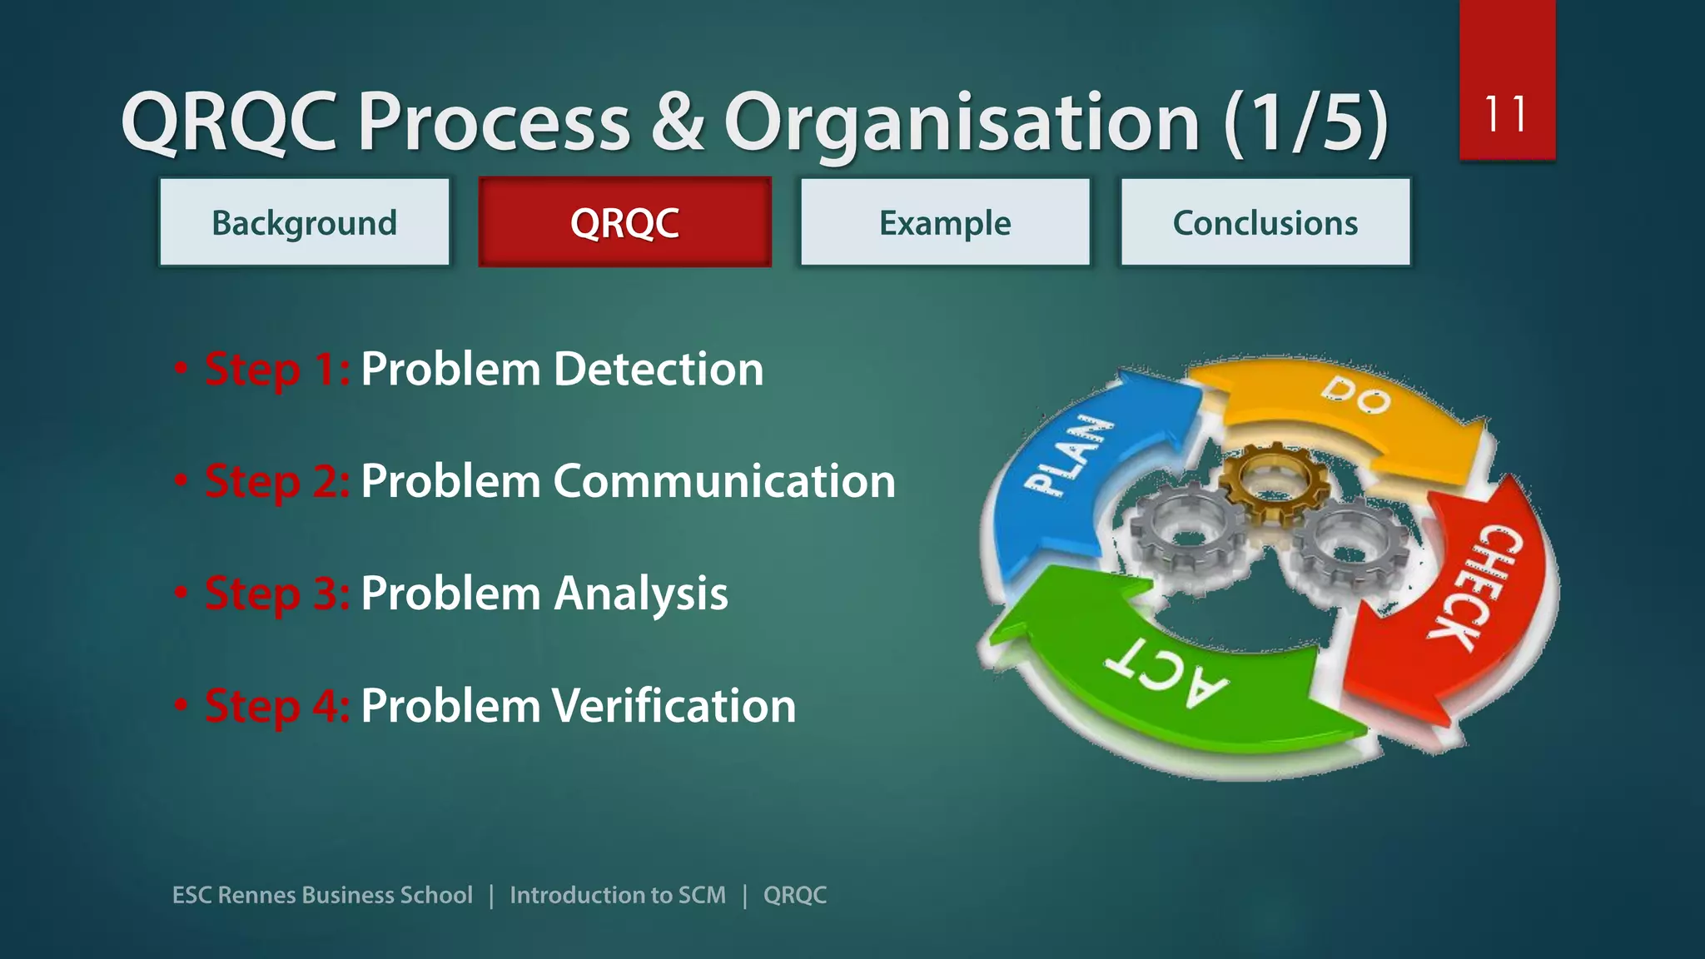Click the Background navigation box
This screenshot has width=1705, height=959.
[304, 222]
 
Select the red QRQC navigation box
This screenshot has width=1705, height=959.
[624, 222]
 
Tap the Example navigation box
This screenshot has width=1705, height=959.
[945, 222]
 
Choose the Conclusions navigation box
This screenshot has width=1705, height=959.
[1265, 222]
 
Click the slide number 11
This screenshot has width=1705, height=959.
[1506, 114]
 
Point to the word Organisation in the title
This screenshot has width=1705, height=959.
[962, 122]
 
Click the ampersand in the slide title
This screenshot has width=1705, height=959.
[677, 122]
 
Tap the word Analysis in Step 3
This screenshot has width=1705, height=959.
[640, 594]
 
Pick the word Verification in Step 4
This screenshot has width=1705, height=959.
[674, 706]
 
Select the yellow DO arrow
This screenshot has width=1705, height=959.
[1349, 408]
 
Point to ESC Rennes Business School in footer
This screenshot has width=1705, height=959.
[322, 895]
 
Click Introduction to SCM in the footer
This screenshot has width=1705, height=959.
[617, 895]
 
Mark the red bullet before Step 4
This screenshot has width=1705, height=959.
[181, 705]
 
